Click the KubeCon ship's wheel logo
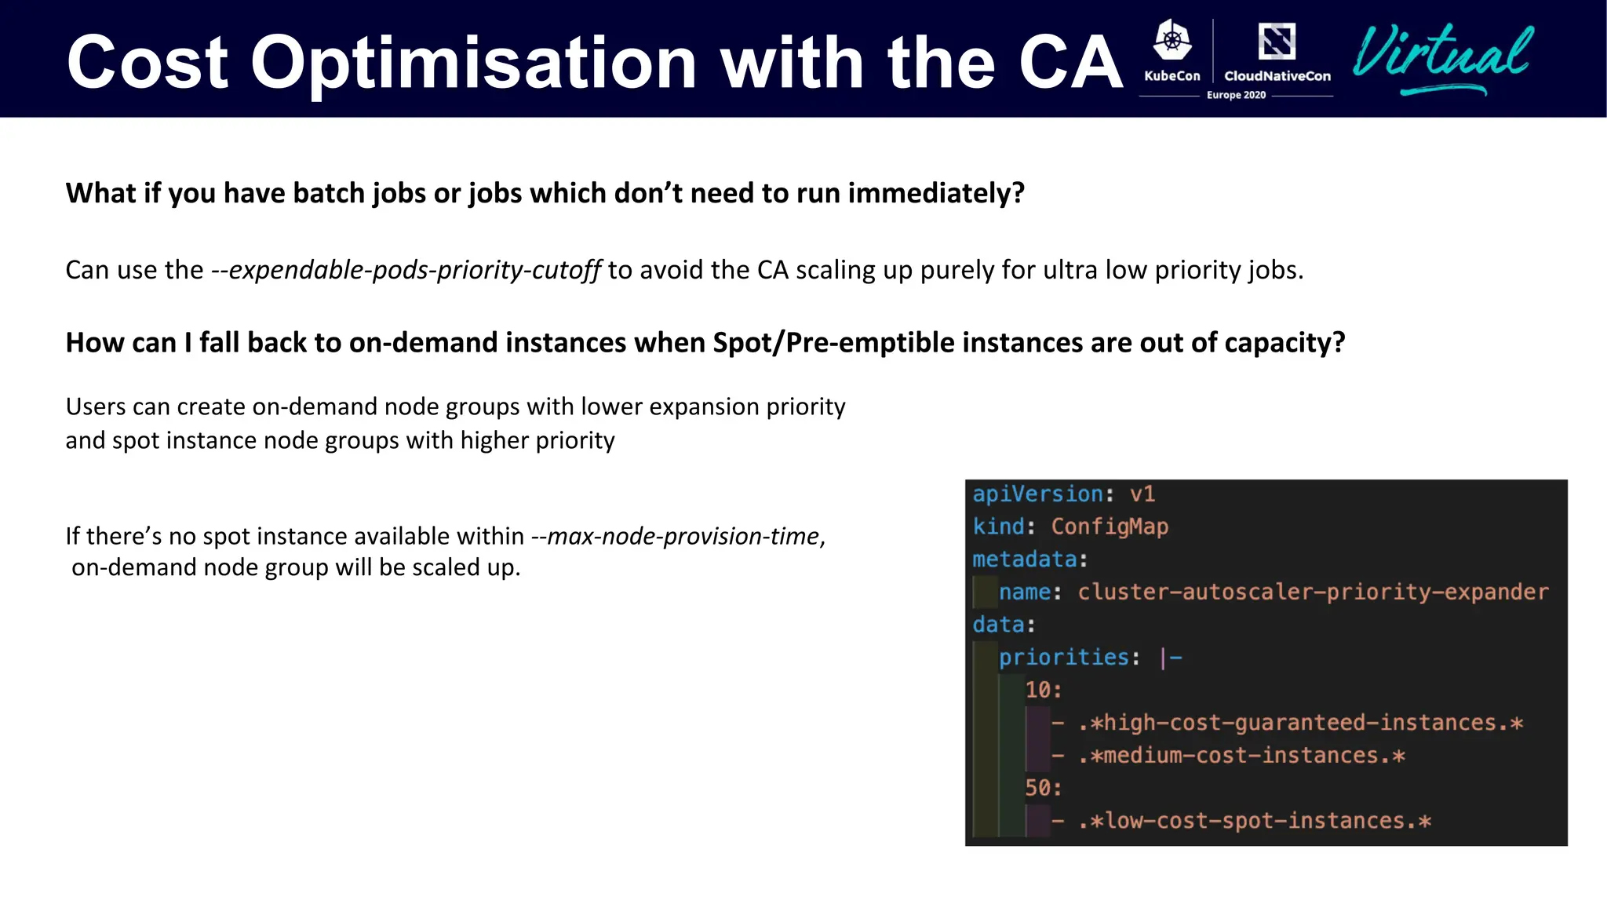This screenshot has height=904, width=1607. [1172, 40]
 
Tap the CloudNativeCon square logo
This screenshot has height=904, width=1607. [1277, 41]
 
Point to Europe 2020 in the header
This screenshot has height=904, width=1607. [1236, 95]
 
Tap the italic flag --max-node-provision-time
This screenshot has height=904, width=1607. [676, 536]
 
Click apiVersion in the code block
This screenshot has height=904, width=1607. [1037, 494]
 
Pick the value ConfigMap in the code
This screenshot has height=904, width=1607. [1110, 527]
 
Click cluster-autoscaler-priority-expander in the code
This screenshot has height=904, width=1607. [1313, 592]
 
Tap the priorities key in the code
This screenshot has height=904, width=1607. [1063, 657]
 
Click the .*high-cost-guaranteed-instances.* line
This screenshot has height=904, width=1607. [1300, 723]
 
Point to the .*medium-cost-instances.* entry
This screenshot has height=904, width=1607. [1241, 756]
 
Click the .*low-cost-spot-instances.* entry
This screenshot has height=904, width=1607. [1254, 821]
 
